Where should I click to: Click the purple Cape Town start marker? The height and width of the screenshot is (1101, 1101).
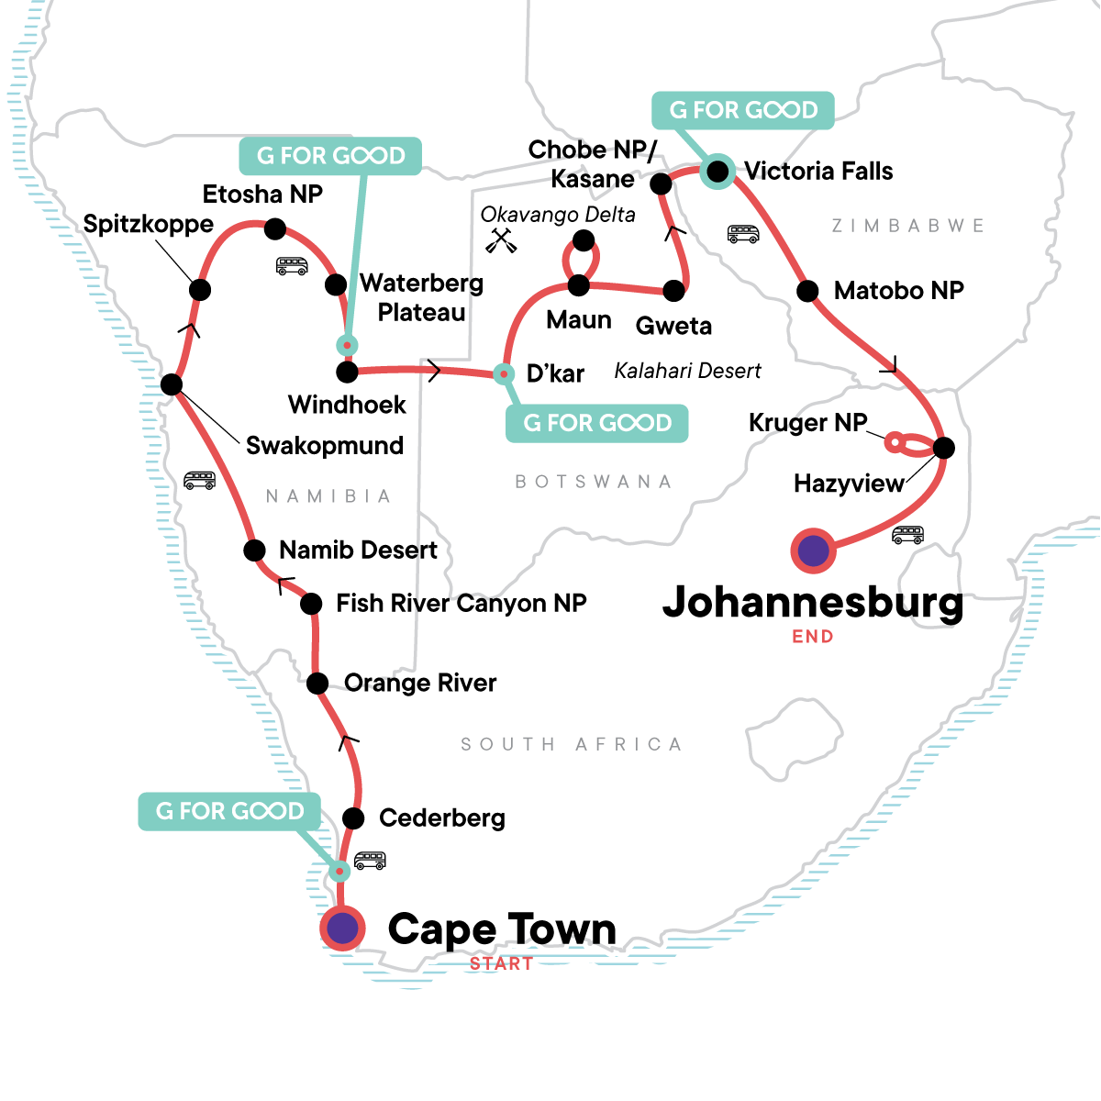point(342,929)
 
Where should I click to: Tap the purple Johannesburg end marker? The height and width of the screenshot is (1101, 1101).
point(813,551)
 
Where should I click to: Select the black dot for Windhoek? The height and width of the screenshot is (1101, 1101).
point(347,372)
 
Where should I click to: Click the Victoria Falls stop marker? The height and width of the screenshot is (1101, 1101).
point(717,171)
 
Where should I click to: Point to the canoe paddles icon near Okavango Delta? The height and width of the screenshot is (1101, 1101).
point(499,240)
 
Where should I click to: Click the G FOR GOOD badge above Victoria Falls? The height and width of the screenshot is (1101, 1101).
point(742,110)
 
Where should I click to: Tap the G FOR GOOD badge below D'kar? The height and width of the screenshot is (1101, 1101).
point(596,423)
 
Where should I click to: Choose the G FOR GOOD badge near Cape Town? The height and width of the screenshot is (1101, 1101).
point(229,811)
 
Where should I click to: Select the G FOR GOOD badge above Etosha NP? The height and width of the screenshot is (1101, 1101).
point(330,156)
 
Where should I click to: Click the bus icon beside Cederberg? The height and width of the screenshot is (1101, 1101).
point(370,861)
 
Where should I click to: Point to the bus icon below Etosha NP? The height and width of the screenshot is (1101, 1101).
point(292,266)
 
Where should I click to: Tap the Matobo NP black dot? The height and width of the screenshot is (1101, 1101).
point(807,292)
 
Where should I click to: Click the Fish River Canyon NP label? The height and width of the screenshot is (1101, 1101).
point(461,603)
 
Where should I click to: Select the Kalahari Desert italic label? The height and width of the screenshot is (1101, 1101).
point(687,371)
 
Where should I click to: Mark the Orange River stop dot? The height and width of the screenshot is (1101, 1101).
point(317,684)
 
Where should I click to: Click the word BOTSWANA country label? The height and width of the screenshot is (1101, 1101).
point(594,482)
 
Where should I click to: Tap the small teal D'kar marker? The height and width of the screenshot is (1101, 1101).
point(503,373)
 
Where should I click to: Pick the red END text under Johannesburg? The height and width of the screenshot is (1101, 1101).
point(813,636)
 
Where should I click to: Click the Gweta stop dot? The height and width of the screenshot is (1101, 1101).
point(673,292)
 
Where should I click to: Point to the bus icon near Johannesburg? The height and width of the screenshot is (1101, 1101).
point(907,535)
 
